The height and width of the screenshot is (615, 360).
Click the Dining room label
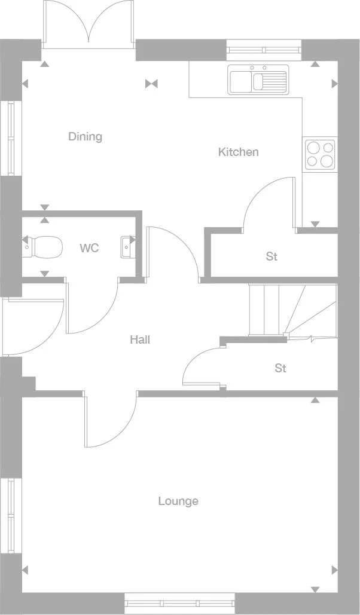(85, 137)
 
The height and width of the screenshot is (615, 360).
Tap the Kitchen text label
(238, 152)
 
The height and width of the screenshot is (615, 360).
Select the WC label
(89, 248)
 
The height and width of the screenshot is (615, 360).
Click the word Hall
(140, 340)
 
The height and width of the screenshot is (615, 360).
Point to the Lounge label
(178, 501)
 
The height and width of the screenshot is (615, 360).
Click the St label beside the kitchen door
(271, 257)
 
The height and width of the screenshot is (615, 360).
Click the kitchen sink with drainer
(258, 79)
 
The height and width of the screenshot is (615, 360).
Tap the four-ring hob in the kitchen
(319, 154)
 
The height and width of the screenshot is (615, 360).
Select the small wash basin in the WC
(127, 246)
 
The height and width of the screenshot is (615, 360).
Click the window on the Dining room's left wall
(11, 138)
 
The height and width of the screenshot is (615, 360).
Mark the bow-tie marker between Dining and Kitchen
(151, 84)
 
